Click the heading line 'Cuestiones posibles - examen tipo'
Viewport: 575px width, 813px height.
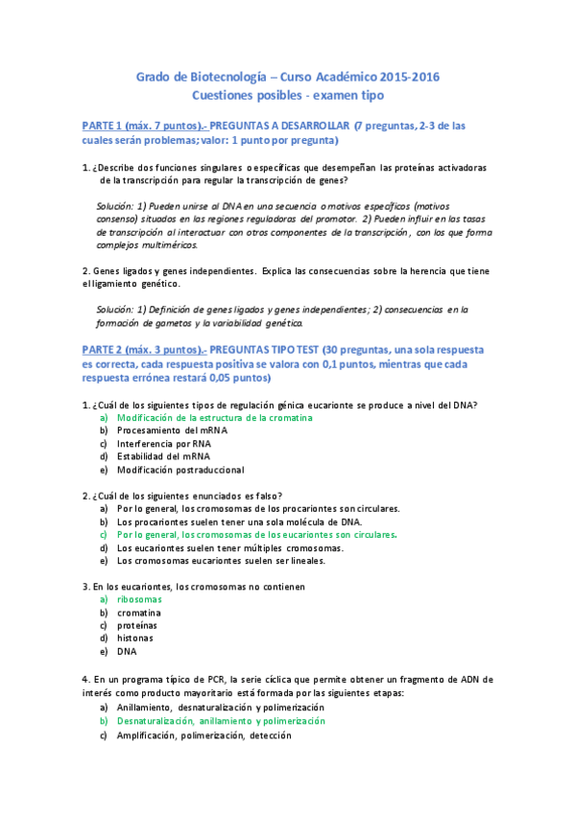point(287,95)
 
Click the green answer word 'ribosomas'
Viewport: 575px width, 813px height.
point(138,599)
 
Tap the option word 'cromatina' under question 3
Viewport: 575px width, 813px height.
point(138,612)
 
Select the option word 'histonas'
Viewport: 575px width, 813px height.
point(135,638)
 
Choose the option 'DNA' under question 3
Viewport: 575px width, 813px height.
point(127,651)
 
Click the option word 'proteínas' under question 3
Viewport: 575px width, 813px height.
point(136,625)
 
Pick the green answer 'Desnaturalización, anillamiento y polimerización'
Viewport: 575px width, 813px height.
point(221,720)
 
